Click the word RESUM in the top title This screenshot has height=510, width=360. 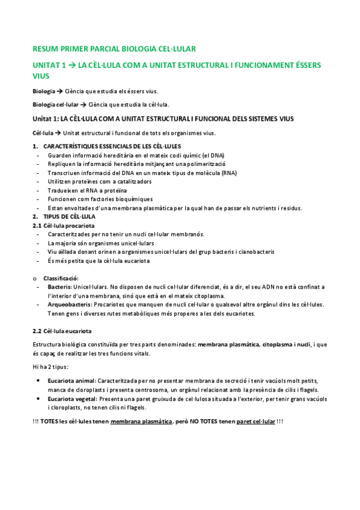(x=44, y=48)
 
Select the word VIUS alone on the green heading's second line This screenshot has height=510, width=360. (x=40, y=76)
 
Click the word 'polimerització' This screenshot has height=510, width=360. (x=205, y=164)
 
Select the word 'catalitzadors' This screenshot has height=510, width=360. (x=132, y=182)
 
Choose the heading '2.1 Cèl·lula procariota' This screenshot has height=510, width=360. (x=61, y=225)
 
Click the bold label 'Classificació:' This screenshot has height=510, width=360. (x=61, y=278)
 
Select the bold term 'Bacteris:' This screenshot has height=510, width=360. (x=60, y=287)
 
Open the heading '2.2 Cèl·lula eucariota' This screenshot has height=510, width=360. (x=61, y=331)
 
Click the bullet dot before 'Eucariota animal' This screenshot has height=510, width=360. (x=39, y=381)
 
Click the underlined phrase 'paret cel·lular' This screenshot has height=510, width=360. (x=257, y=422)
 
